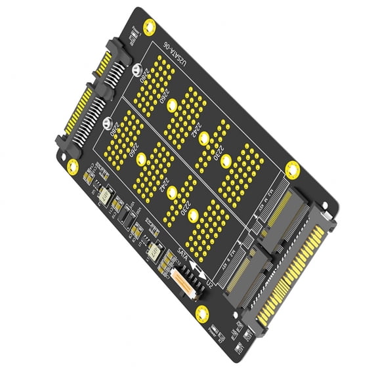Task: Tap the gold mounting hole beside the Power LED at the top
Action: point(150,27)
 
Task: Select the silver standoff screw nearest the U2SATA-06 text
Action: point(136,70)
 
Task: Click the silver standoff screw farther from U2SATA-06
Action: point(107,121)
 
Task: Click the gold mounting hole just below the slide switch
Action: point(202,314)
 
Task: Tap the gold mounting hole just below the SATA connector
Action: point(73,167)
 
